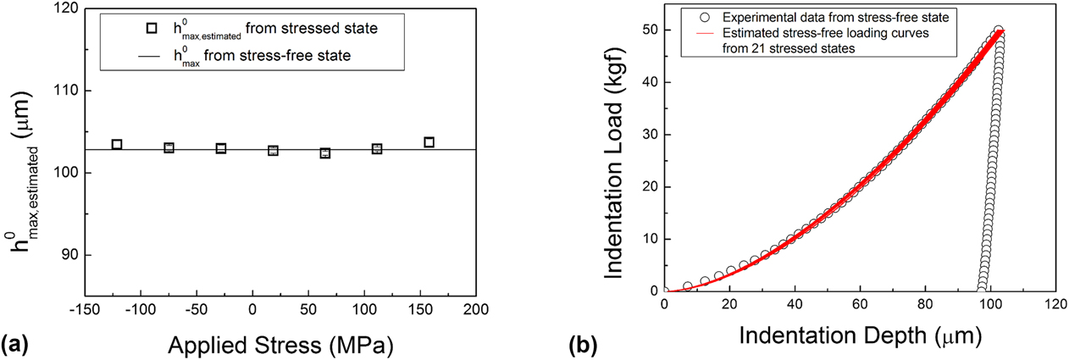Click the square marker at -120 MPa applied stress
coord(117,145)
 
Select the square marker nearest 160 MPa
coord(429,142)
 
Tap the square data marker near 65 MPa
coord(325,153)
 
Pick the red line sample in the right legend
coord(697,33)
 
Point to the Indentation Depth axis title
coord(860,337)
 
